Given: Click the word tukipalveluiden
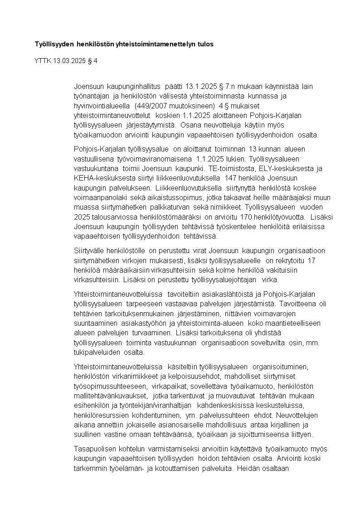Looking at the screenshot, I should coord(95,352).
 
